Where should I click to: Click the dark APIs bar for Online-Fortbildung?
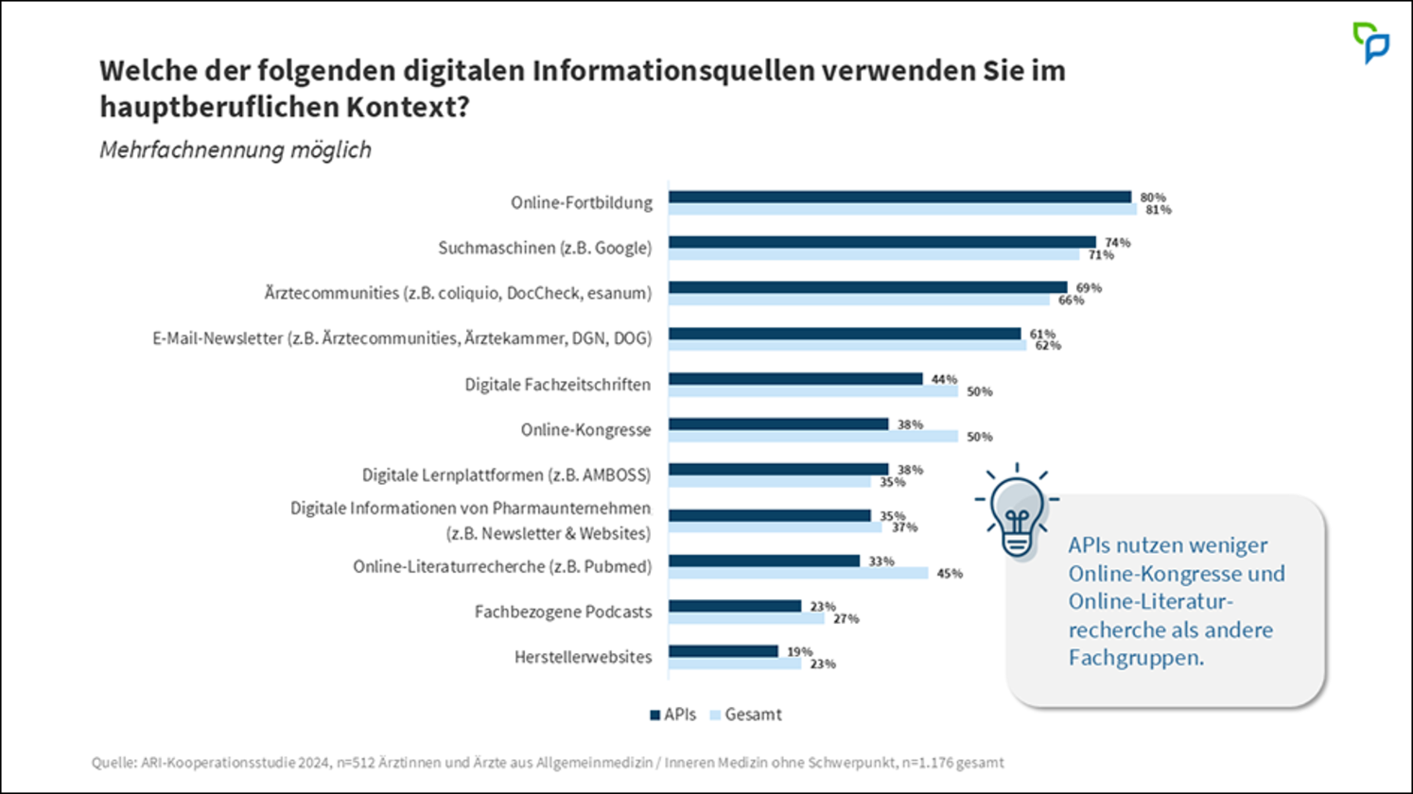(898, 197)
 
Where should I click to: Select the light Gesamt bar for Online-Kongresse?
(813, 437)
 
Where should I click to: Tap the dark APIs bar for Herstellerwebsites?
(724, 651)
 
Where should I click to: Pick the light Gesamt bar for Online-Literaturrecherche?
(798, 573)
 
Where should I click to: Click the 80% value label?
(1152, 198)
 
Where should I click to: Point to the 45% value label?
(950, 574)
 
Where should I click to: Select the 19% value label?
(799, 652)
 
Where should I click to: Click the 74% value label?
(1117, 243)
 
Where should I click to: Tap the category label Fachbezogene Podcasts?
(563, 613)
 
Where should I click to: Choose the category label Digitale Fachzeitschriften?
(557, 385)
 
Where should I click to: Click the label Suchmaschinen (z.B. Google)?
(544, 249)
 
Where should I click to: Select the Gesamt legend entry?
(746, 715)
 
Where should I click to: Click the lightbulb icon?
(1017, 512)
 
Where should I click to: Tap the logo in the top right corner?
(1370, 43)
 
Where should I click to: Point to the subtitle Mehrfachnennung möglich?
(235, 150)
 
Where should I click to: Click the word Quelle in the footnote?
(113, 763)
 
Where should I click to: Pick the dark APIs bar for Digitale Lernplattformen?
(778, 469)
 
